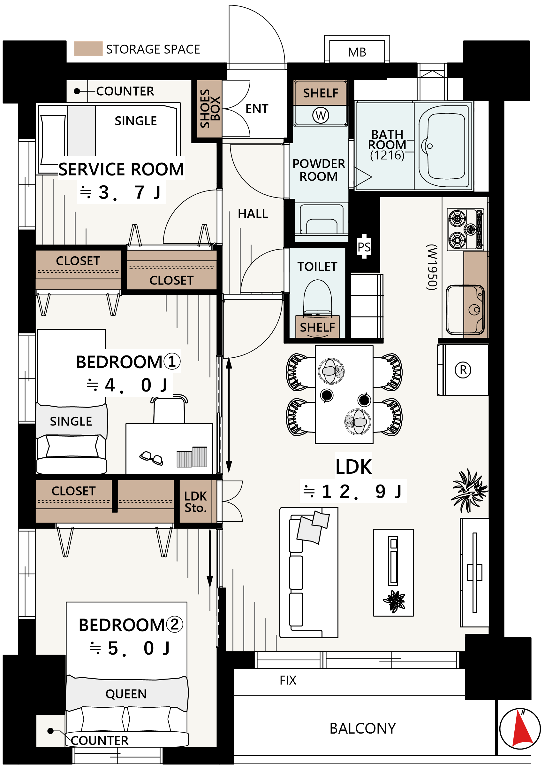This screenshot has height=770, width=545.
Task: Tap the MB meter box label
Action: [357, 52]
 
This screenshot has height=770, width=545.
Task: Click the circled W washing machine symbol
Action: [321, 115]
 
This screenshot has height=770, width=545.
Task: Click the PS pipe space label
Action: [364, 247]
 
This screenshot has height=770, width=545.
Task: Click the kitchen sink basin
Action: [465, 310]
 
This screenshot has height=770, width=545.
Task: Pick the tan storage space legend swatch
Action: [88, 49]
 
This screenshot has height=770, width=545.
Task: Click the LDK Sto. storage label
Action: [196, 502]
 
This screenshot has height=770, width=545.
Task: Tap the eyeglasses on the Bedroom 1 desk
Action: [151, 458]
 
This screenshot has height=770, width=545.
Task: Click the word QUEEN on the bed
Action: [126, 694]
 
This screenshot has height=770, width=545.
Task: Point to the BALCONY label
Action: [362, 728]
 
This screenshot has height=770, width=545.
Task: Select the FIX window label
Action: [288, 680]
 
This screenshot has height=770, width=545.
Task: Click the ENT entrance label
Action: [257, 109]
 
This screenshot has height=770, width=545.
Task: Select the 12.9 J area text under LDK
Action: [353, 492]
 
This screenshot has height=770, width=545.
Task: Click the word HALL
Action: [253, 214]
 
